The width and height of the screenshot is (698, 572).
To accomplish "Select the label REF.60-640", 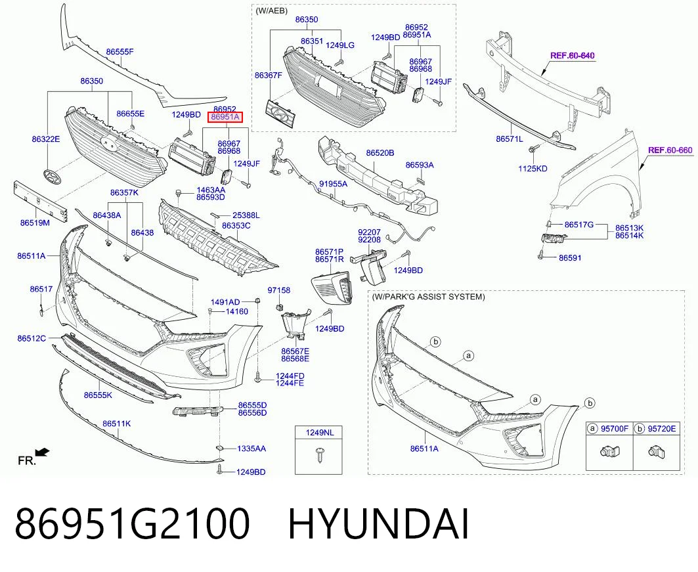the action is tap(573, 56).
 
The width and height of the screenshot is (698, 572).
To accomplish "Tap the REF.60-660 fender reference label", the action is tap(670, 150).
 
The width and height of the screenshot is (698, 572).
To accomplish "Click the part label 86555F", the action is tap(120, 52).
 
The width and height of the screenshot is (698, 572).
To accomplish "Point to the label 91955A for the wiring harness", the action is tap(334, 183).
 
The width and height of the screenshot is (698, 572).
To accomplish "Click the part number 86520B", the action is tap(380, 152).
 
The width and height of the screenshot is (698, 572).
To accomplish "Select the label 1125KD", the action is tap(533, 169).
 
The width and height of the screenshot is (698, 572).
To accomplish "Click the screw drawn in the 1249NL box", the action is tap(319, 454).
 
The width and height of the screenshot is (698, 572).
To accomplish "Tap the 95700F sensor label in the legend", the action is tap(615, 429).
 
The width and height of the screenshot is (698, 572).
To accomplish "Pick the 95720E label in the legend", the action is tap(661, 429).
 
